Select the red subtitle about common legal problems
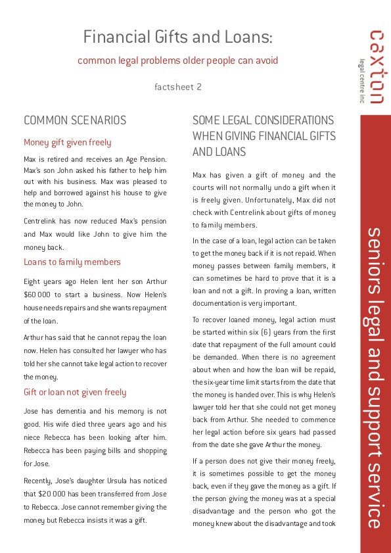(x=177, y=60)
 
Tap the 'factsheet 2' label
(x=177, y=86)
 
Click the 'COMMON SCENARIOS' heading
(x=75, y=120)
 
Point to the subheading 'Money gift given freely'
(x=68, y=142)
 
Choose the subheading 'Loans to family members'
(x=72, y=262)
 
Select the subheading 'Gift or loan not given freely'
(x=75, y=392)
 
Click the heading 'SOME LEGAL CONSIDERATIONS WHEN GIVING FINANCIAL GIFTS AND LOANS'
(x=264, y=135)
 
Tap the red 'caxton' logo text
(x=377, y=66)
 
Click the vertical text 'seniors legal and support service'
(x=375, y=377)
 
